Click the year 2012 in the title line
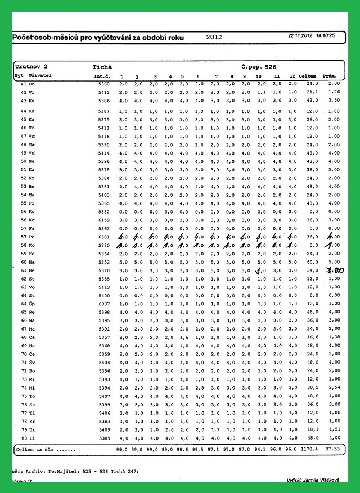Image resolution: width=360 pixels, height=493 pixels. [x=214, y=37]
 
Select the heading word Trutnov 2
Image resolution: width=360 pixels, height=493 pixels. [x=31, y=66]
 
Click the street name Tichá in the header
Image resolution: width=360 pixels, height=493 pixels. [x=102, y=66]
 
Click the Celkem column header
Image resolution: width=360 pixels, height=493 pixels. [x=308, y=75]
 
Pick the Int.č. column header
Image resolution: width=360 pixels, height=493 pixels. [x=101, y=75]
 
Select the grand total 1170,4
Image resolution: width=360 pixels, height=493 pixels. [x=309, y=450]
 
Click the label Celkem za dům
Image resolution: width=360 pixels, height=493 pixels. [x=43, y=450]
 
